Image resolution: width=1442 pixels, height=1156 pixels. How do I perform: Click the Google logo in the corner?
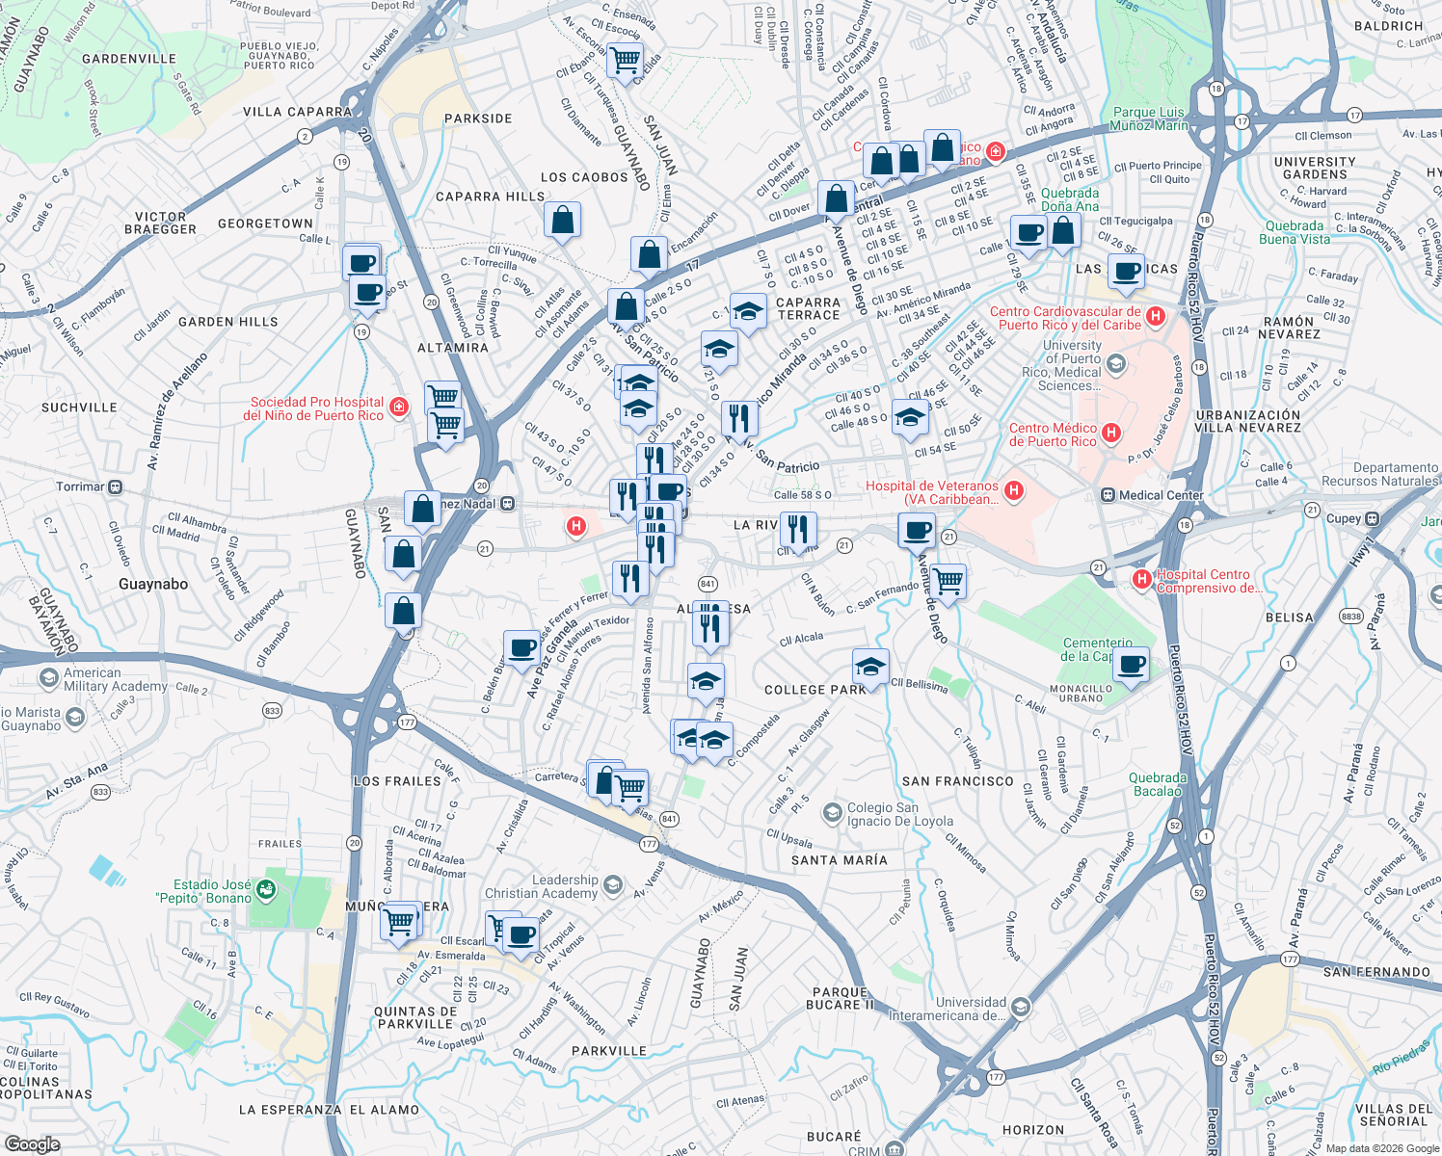[32, 1144]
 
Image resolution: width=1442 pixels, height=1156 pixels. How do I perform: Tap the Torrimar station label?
[80, 486]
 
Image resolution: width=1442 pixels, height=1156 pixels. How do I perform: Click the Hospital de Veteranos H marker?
[1013, 491]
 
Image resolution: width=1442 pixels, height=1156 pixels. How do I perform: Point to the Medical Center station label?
[1161, 495]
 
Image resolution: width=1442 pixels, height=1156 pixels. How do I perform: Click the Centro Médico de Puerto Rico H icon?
[1111, 433]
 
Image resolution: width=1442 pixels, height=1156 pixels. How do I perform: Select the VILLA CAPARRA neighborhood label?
[298, 112]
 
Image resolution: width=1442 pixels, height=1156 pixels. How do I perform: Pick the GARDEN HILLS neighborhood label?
[228, 322]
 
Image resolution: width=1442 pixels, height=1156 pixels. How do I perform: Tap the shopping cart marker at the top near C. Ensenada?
[626, 61]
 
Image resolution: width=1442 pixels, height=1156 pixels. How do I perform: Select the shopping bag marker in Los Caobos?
[562, 220]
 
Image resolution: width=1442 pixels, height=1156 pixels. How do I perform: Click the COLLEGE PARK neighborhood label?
[815, 690]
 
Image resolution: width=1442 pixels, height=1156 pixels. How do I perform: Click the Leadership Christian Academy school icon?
[612, 883]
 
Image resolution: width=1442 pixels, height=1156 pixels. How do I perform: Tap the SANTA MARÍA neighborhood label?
[839, 860]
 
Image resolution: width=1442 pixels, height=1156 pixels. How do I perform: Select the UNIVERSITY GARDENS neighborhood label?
[1315, 168]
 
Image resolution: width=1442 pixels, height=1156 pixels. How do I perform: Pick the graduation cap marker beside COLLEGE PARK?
[870, 667]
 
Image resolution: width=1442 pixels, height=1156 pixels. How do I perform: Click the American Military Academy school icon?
[48, 679]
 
